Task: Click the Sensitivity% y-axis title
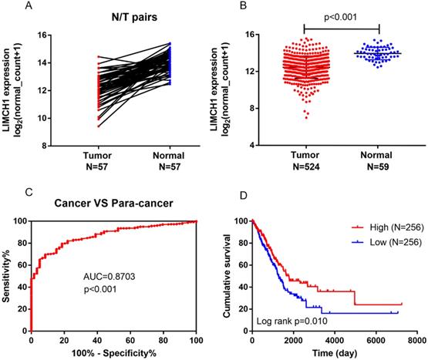click(x=8, y=275)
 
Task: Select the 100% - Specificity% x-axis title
click(x=114, y=353)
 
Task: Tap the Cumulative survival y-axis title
click(x=229, y=275)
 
